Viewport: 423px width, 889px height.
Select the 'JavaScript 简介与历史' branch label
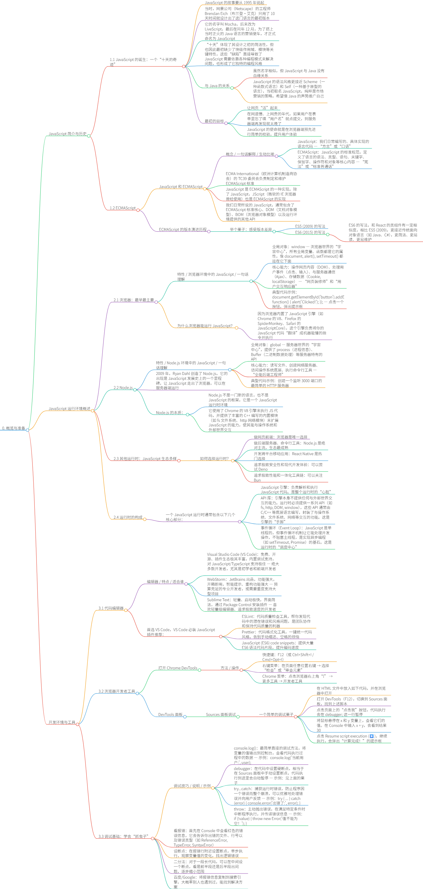(x=67, y=134)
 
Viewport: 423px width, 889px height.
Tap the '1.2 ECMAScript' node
(x=122, y=208)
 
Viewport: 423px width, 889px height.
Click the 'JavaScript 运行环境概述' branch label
(x=69, y=409)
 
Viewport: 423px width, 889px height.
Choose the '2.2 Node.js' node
(x=123, y=388)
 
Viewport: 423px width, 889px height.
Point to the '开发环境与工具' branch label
(x=62, y=722)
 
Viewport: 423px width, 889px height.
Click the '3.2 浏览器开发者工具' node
(x=117, y=691)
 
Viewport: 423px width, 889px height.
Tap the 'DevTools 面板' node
(x=170, y=715)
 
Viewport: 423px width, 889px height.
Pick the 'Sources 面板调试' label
(x=221, y=715)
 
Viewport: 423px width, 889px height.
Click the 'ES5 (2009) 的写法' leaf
(x=310, y=226)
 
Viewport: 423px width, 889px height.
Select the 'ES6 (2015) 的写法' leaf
(x=310, y=233)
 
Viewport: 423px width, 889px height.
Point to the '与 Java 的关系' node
(x=217, y=86)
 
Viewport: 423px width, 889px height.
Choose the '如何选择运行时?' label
(x=214, y=459)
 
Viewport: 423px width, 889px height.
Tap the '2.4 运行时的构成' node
(x=128, y=517)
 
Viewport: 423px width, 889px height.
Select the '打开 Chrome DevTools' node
(x=178, y=668)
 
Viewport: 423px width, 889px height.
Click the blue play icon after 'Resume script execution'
(x=372, y=736)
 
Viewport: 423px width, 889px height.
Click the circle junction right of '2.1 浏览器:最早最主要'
(x=156, y=302)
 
